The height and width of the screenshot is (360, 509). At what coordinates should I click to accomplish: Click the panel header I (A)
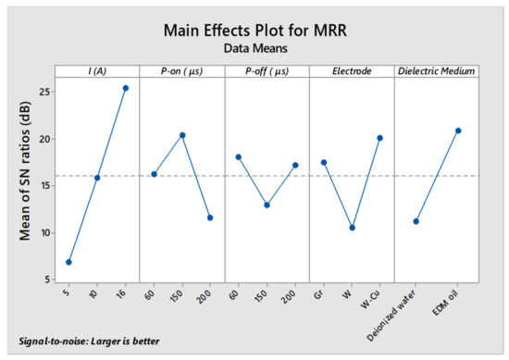(x=96, y=70)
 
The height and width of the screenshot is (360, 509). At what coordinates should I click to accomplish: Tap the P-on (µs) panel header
(x=181, y=70)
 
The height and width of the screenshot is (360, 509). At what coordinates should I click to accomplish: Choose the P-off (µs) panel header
(x=267, y=70)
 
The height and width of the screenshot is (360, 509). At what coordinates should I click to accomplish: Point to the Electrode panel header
(x=352, y=70)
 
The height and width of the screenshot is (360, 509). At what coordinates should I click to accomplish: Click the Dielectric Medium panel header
(x=437, y=70)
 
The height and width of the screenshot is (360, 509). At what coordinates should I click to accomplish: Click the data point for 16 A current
(x=126, y=88)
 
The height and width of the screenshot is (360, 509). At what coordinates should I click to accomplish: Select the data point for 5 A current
(x=68, y=262)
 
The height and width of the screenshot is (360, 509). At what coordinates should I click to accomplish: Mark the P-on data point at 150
(x=182, y=135)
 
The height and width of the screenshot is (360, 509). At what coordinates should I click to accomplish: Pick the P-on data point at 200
(x=210, y=217)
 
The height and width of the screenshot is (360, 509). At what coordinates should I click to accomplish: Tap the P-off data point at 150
(x=267, y=205)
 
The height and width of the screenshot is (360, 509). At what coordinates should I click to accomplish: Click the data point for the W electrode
(x=352, y=228)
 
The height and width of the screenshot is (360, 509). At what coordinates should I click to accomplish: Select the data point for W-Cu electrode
(x=379, y=138)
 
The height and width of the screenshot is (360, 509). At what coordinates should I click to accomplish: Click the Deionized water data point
(x=416, y=221)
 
